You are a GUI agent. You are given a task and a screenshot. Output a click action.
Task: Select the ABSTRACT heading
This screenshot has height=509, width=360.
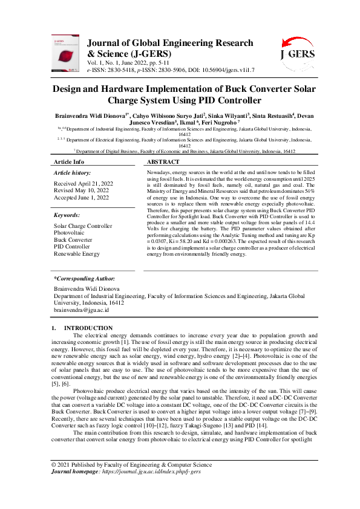click(163, 163)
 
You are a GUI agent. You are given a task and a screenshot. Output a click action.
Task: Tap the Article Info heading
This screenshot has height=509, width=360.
click(69, 163)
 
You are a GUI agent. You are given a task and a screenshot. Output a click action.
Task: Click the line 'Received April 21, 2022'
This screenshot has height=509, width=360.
click(83, 183)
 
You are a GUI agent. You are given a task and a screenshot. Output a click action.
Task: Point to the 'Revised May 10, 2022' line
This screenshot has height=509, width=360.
click(81, 190)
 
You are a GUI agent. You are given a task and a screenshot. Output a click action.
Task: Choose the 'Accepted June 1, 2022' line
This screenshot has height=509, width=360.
click(82, 197)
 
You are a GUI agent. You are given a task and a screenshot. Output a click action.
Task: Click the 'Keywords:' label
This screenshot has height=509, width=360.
click(67, 215)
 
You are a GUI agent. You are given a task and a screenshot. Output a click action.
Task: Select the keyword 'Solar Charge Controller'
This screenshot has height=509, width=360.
click(83, 226)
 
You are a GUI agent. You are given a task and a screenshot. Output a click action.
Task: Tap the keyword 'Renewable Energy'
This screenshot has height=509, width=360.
click(76, 253)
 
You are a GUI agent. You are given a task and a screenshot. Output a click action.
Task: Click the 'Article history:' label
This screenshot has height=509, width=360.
click(74, 173)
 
